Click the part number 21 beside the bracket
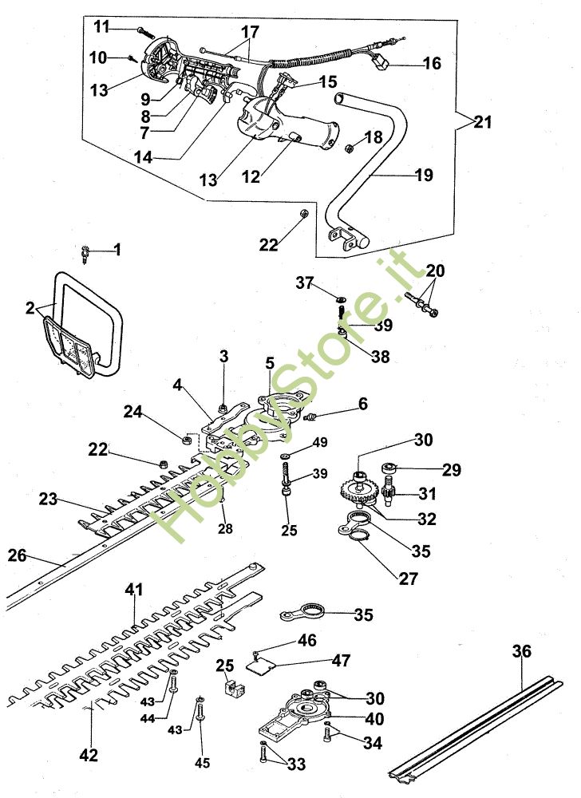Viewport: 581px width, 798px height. (482, 123)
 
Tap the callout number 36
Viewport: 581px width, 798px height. (520, 652)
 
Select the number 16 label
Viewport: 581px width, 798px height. (432, 63)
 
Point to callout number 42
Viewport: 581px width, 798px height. (89, 755)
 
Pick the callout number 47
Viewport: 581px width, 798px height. (342, 661)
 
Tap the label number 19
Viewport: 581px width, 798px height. (424, 175)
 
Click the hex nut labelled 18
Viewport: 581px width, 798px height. (348, 147)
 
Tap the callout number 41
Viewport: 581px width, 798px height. (133, 590)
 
